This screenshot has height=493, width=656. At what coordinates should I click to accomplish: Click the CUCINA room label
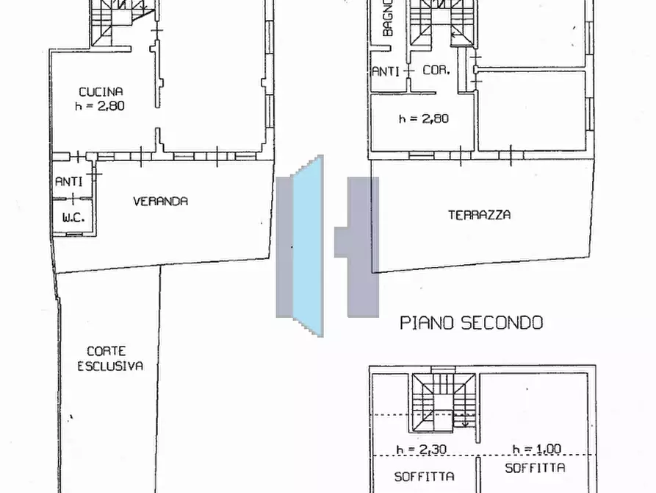pos(101,92)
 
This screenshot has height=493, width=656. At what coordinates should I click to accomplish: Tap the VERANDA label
pos(160,201)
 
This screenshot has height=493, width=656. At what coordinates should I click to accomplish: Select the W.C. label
pos(72,218)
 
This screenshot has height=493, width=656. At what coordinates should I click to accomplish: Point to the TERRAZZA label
pos(479,215)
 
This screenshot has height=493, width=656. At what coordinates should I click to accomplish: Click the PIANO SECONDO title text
pos(471,322)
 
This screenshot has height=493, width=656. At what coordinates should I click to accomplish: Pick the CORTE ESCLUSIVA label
pos(110,358)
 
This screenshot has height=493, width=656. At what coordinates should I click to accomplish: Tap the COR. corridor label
pos(436,71)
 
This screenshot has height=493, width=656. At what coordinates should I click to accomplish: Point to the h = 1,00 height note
pos(537,449)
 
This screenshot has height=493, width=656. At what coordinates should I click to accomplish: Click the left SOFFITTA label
pos(424,476)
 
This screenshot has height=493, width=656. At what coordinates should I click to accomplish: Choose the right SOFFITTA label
pos(535,468)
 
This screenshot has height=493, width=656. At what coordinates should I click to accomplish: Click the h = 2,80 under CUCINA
pos(101,105)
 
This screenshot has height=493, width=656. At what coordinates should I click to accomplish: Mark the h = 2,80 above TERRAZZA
pos(423,118)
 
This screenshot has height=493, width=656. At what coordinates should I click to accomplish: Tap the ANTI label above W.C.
pos(68,181)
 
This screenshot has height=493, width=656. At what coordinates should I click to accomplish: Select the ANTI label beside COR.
pos(386,71)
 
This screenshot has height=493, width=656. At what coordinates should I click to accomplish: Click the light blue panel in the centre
pos(308,246)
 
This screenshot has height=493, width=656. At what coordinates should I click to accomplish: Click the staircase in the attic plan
pos(444,405)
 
